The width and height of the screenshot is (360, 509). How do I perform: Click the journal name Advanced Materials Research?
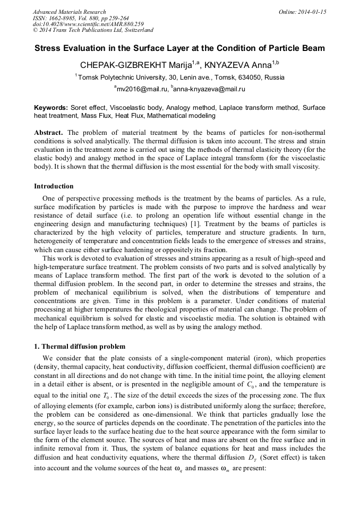[x=69, y=12]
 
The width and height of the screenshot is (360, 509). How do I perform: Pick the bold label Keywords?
[x=51, y=107]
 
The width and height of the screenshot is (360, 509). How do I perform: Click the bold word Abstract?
[x=49, y=132]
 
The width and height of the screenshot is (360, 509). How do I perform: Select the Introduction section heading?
[x=54, y=186]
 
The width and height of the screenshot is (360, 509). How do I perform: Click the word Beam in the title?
[x=313, y=47]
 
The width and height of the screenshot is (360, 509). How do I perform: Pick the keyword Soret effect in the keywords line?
[x=90, y=107]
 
